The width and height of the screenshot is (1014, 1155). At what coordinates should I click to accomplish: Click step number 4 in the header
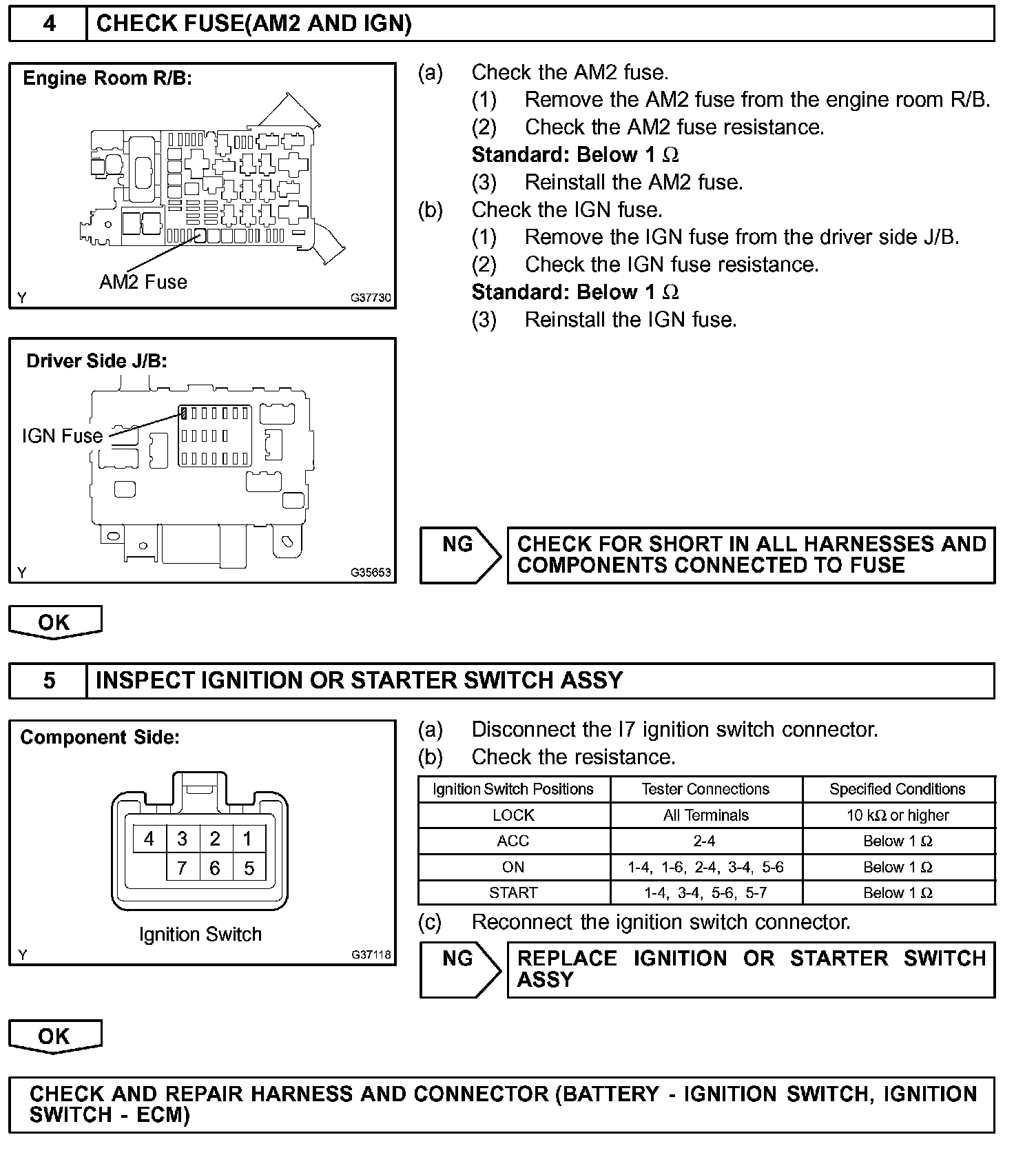pyautogui.click(x=50, y=24)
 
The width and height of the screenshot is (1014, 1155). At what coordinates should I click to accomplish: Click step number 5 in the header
pyautogui.click(x=50, y=681)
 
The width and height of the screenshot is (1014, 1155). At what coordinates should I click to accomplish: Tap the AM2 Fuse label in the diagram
pyautogui.click(x=143, y=282)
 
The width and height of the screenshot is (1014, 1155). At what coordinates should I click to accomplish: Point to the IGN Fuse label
pyautogui.click(x=62, y=436)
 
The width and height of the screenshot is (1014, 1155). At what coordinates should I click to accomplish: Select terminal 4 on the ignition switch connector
pyautogui.click(x=149, y=839)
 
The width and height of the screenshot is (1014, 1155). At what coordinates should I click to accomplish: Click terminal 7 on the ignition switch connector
pyautogui.click(x=182, y=868)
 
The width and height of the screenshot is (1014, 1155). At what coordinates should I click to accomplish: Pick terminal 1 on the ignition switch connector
pyautogui.click(x=248, y=839)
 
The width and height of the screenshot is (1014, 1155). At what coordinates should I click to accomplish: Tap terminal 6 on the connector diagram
pyautogui.click(x=215, y=868)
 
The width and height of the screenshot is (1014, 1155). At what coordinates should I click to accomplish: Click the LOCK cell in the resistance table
pyautogui.click(x=513, y=815)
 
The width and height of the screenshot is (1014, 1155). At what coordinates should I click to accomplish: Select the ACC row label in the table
pyautogui.click(x=513, y=841)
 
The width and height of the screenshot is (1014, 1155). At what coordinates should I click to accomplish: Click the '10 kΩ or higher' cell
pyautogui.click(x=898, y=815)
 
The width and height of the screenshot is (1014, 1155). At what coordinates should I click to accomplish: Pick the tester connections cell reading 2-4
pyautogui.click(x=705, y=841)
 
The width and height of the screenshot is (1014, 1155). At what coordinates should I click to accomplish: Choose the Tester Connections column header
pyautogui.click(x=705, y=789)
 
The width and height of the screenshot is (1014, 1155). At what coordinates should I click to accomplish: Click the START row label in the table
pyautogui.click(x=513, y=892)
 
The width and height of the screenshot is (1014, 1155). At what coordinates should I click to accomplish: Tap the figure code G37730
pyautogui.click(x=371, y=298)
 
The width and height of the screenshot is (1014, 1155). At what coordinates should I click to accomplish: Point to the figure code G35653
pyautogui.click(x=371, y=572)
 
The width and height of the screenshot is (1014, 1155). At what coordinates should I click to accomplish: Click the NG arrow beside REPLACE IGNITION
pyautogui.click(x=460, y=969)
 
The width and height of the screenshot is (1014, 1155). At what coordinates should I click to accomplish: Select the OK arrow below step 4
pyautogui.click(x=54, y=622)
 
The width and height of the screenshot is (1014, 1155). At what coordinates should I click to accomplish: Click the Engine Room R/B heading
pyautogui.click(x=107, y=79)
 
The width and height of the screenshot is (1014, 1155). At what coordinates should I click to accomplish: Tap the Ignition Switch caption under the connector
pyautogui.click(x=200, y=934)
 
